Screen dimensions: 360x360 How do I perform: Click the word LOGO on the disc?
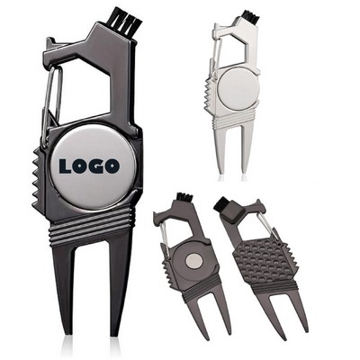[x=90, y=166]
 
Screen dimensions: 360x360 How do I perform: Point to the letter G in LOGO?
[x=97, y=166]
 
